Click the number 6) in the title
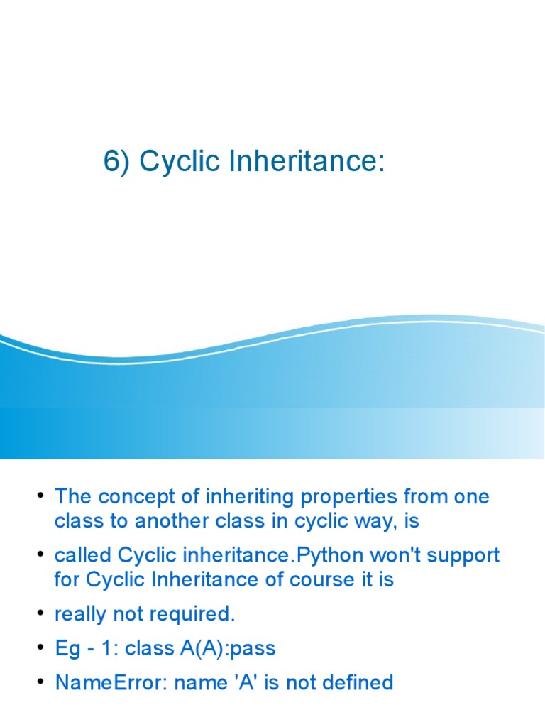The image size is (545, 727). point(118,162)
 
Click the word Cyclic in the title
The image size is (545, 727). point(170,162)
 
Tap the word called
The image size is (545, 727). point(83,554)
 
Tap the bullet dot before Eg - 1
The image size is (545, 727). point(41,647)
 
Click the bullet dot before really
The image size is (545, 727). point(41,613)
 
